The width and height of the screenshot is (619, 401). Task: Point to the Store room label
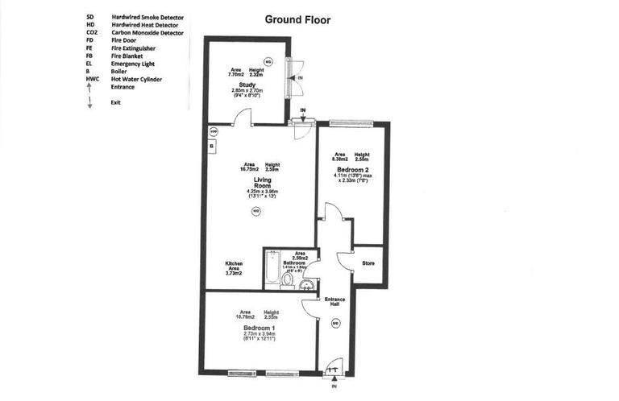(x=369, y=262)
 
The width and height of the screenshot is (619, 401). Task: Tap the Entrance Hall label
(x=334, y=302)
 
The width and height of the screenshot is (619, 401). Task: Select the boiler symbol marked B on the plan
(x=211, y=147)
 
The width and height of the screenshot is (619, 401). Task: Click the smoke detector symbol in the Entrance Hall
(x=335, y=323)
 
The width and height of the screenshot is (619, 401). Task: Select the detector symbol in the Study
(x=268, y=61)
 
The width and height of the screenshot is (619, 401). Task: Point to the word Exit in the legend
(x=116, y=102)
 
